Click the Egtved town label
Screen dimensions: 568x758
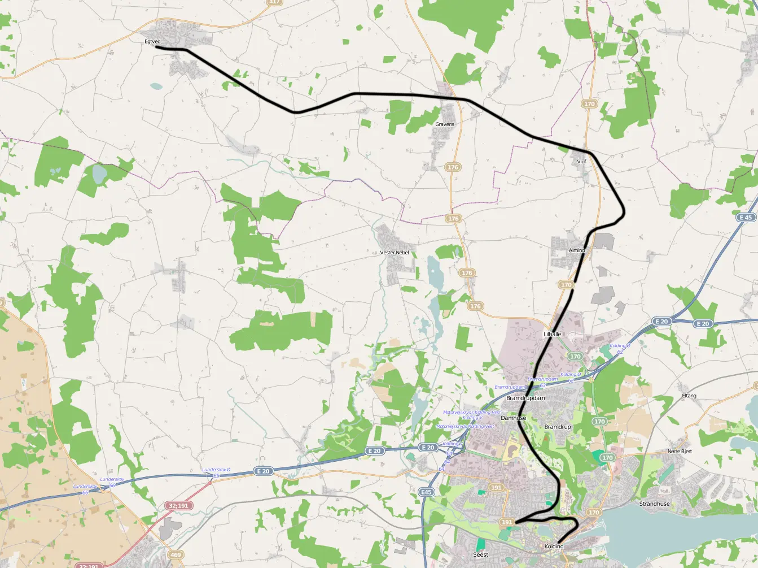pyautogui.click(x=153, y=41)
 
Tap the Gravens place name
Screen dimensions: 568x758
pyautogui.click(x=445, y=124)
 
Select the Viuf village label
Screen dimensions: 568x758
pyautogui.click(x=582, y=162)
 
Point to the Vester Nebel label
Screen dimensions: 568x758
pyautogui.click(x=395, y=252)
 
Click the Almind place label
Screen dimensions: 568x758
pyautogui.click(x=577, y=250)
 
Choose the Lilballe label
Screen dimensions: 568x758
pyautogui.click(x=553, y=334)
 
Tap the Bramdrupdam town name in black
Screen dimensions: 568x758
pyautogui.click(x=525, y=398)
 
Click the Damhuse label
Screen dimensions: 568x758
pyautogui.click(x=514, y=418)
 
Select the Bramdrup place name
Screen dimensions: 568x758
pyautogui.click(x=558, y=427)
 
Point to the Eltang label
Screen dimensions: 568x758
pyautogui.click(x=689, y=396)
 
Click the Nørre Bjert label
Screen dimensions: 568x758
pyautogui.click(x=680, y=451)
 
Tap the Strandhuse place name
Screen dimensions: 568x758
pyautogui.click(x=655, y=504)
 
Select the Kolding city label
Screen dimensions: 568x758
pyautogui.click(x=554, y=547)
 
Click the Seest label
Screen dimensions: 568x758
pyautogui.click(x=480, y=554)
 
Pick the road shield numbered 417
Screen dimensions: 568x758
pyautogui.click(x=275, y=2)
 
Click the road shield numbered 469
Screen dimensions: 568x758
pyautogui.click(x=176, y=554)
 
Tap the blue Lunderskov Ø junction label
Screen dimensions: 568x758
pyautogui.click(x=216, y=470)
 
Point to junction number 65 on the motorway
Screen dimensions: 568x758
pyautogui.click(x=216, y=476)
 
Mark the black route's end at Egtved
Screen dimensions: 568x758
pyautogui.click(x=156, y=48)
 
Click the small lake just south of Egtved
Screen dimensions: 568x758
pyautogui.click(x=156, y=87)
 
